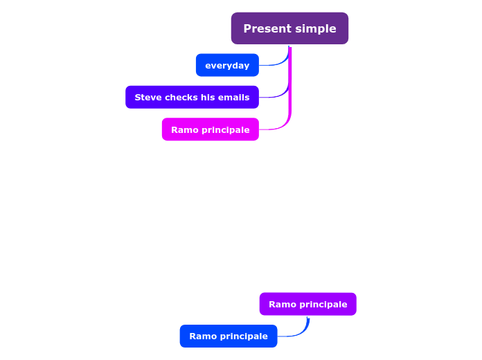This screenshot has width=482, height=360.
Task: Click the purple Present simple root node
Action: click(289, 28)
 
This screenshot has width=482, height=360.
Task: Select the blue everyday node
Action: click(227, 65)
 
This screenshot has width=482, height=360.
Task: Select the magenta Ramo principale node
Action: click(210, 129)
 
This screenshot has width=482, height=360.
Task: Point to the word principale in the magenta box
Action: click(224, 129)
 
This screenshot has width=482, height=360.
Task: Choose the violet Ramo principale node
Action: click(307, 304)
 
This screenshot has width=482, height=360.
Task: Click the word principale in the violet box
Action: click(322, 304)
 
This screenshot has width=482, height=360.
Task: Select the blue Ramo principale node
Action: click(228, 336)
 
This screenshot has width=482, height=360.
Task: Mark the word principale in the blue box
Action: click(242, 336)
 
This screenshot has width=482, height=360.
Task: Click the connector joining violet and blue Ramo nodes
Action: click(302, 331)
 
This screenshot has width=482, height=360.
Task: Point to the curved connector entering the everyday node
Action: click(276, 64)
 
